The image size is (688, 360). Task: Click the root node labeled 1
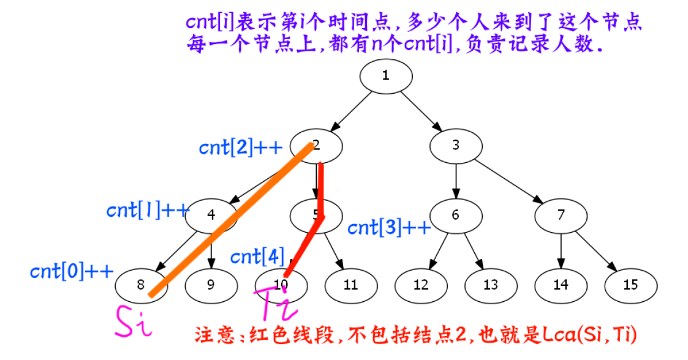(x=385, y=76)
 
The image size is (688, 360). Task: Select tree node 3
(x=455, y=145)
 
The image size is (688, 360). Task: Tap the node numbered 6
(x=455, y=215)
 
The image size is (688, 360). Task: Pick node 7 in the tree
(x=561, y=215)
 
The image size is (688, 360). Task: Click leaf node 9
(x=211, y=285)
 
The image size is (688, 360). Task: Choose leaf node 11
(x=350, y=285)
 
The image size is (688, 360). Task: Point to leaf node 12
(x=420, y=285)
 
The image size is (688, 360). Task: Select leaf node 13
(x=490, y=285)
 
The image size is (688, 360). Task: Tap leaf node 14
(x=561, y=285)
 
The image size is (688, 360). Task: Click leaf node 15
(x=630, y=285)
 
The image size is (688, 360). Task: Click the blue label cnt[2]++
(x=240, y=148)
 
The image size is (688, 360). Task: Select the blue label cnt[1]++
(x=148, y=210)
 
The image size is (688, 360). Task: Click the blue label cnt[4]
(x=257, y=257)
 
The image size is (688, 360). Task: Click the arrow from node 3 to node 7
(x=508, y=180)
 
